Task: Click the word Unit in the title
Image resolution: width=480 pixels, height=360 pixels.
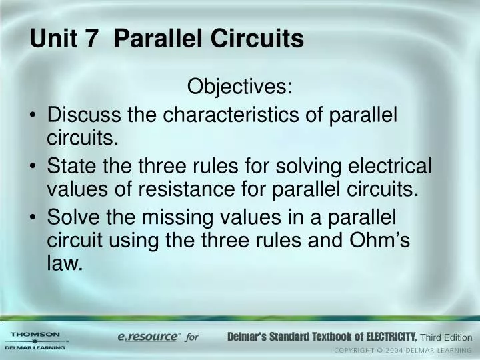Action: [x=52, y=39]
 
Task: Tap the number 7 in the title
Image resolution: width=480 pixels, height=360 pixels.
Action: [x=91, y=39]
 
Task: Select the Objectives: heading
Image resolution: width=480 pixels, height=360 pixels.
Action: [x=239, y=87]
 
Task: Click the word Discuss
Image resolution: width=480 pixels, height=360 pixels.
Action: [x=84, y=115]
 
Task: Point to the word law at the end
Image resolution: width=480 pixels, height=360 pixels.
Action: [x=65, y=265]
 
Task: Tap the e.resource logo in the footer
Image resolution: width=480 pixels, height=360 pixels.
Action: [x=148, y=337]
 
